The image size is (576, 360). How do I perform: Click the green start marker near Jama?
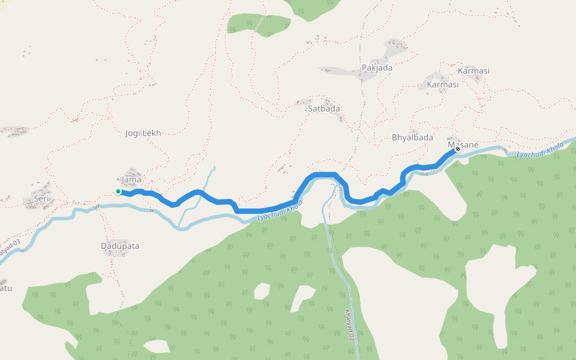pos(118,192)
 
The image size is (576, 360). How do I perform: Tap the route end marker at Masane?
pos(457,149)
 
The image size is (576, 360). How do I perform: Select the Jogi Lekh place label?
pos(144,133)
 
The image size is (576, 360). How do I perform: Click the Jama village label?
pos(131,179)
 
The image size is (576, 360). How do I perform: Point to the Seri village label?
pos(41,199)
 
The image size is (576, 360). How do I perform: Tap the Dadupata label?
pos(120,246)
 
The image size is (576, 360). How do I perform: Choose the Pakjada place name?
pos(377,68)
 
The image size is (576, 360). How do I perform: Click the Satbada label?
pos(324,109)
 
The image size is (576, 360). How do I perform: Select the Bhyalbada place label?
pos(412,137)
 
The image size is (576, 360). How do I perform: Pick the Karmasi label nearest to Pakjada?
pos(443,85)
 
